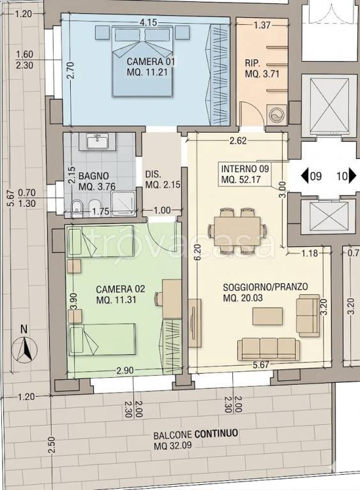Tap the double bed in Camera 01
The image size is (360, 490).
[x=142, y=61]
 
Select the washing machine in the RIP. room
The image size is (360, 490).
[x=277, y=115]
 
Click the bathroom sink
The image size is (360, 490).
[x=97, y=142]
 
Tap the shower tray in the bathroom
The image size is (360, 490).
[x=124, y=203]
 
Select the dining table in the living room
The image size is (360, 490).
[x=237, y=230]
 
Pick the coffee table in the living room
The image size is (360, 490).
[x=268, y=316]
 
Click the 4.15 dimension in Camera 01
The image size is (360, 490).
[x=148, y=23]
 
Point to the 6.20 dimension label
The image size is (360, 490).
[x=199, y=253]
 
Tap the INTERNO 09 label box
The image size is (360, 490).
[x=245, y=174]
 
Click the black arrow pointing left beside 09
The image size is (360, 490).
[x=305, y=176]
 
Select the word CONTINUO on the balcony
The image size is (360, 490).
[x=216, y=434]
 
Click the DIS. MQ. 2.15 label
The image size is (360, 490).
[x=163, y=179]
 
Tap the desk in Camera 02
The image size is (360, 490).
[x=172, y=299]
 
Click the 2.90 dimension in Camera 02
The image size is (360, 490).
[x=125, y=371]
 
